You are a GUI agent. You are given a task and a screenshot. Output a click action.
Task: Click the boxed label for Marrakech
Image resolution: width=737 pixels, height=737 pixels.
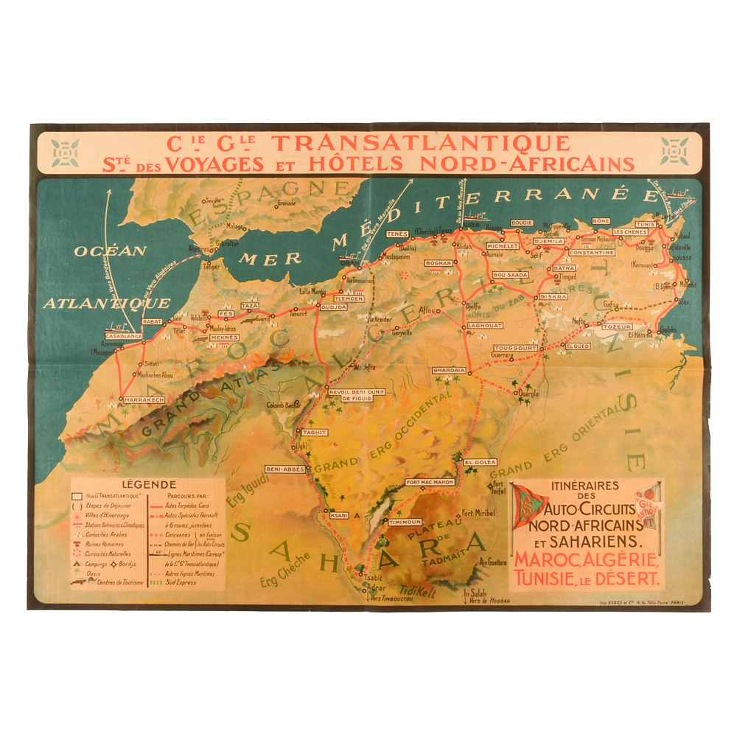[144, 399]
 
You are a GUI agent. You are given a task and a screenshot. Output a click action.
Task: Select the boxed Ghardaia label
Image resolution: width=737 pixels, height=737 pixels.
[449, 370]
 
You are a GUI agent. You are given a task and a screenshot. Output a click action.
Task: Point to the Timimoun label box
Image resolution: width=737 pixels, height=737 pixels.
[405, 521]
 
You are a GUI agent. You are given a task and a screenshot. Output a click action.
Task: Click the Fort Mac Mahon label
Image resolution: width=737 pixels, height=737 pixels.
[429, 482]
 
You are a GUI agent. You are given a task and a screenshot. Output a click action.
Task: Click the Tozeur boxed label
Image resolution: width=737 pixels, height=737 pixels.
[617, 326]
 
